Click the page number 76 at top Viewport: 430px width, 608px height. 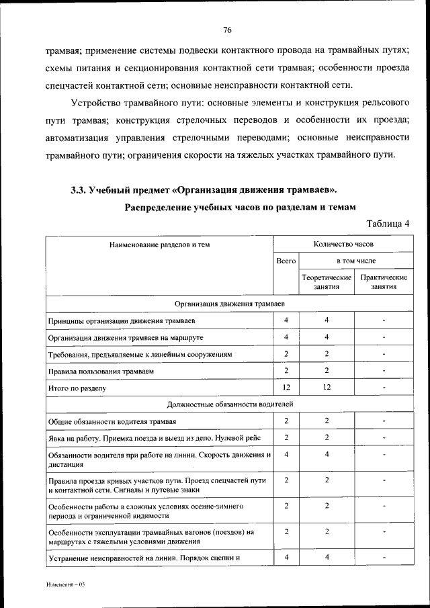click(x=227, y=29)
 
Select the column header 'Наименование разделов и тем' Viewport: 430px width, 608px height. click(x=160, y=245)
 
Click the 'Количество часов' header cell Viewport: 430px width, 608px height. click(x=343, y=245)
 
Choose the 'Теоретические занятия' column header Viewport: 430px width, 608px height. click(x=327, y=281)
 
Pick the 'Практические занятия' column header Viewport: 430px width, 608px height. click(x=384, y=281)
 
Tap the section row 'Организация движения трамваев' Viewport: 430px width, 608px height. click(x=228, y=304)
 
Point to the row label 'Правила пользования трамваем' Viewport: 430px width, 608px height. click(x=101, y=371)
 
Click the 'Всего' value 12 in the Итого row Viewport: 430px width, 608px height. click(x=286, y=387)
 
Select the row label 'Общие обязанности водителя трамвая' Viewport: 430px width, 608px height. click(x=112, y=421)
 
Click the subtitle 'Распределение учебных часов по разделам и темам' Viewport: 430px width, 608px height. click(x=240, y=207)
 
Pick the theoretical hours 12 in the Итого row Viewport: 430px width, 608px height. click(x=327, y=387)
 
